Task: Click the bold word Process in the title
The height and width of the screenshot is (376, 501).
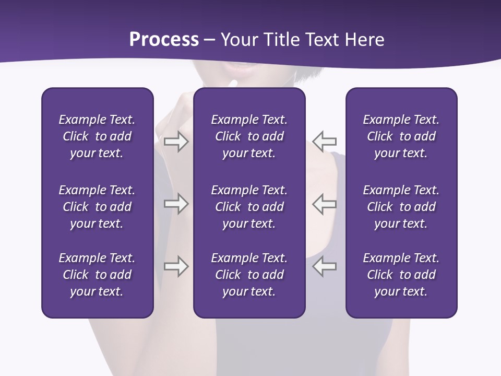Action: (x=164, y=40)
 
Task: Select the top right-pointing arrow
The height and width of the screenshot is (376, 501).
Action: (x=176, y=142)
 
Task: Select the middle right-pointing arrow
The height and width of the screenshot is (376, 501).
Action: (x=176, y=204)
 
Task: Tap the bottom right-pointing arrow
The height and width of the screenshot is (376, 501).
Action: (x=176, y=266)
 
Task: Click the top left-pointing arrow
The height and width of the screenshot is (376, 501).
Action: (x=325, y=142)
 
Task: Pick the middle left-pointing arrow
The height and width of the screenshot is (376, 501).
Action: (x=325, y=204)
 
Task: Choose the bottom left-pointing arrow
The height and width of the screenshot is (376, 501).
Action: (x=325, y=266)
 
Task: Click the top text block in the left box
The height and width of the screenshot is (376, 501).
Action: (x=97, y=136)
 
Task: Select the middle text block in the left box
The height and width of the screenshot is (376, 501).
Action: (x=97, y=207)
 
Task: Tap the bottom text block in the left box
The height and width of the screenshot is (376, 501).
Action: (x=97, y=275)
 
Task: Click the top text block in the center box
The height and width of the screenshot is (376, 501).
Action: (x=249, y=136)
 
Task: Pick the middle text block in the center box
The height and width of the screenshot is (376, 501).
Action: (x=249, y=207)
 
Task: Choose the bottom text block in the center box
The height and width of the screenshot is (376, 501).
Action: (x=249, y=275)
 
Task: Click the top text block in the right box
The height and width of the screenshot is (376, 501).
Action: (x=401, y=136)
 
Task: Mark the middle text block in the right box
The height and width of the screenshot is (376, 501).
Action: (x=401, y=207)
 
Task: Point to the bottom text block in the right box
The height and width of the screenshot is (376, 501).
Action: (x=401, y=275)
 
